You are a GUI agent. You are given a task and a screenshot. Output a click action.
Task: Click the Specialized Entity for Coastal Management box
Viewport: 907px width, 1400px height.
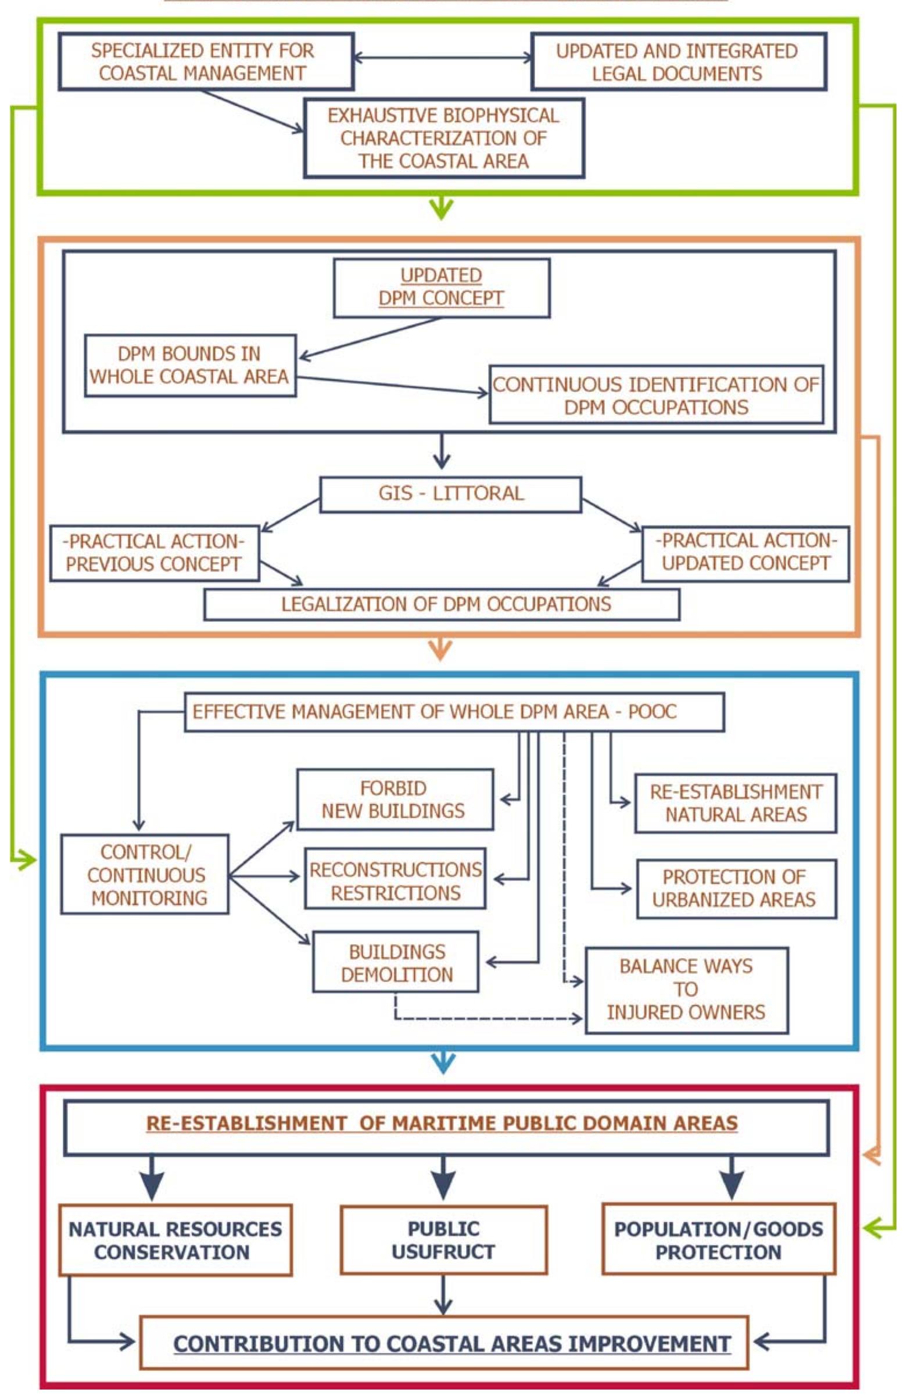(206, 62)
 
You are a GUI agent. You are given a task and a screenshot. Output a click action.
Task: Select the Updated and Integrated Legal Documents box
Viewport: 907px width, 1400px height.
(677, 62)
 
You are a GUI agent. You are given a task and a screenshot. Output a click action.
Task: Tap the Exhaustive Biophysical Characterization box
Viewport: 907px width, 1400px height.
(444, 138)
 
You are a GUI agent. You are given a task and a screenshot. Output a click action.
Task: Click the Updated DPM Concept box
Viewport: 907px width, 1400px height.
(442, 287)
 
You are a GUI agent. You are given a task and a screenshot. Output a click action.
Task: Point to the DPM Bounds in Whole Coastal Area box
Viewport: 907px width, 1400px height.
(189, 365)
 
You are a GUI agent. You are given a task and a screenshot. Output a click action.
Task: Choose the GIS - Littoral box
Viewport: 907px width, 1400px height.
(450, 494)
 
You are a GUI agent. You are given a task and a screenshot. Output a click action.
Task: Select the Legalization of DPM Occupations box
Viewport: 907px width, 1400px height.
(442, 604)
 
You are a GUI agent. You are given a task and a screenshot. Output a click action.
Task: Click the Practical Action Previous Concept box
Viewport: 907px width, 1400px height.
(154, 553)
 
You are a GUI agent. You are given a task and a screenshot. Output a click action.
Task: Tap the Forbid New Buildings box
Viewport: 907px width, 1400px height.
(395, 800)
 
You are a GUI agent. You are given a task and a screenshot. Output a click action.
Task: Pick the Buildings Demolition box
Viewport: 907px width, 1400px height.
(396, 962)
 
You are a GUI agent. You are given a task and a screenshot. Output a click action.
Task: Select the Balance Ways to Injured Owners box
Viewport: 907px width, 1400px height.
(686, 990)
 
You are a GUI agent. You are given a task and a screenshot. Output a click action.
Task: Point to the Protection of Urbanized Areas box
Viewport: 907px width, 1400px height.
(735, 889)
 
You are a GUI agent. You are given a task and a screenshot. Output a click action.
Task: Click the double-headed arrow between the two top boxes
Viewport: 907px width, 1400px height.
(442, 57)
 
